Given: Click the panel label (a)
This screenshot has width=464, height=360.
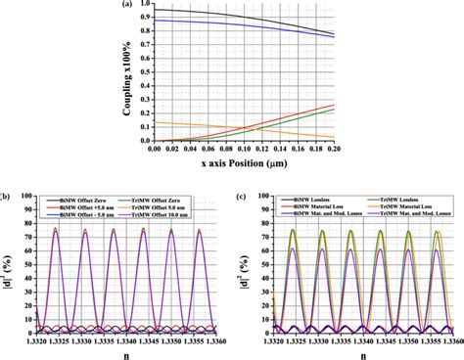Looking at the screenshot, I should pos(154,5).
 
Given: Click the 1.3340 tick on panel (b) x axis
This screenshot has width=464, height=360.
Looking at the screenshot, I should pos(124,335).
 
